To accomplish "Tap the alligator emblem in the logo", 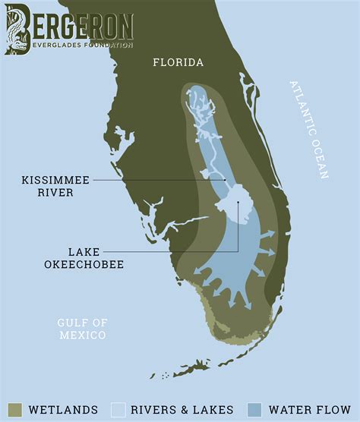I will (x=17, y=29).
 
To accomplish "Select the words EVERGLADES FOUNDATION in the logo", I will (x=83, y=46).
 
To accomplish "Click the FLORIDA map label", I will (x=178, y=62).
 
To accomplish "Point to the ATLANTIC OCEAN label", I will (x=308, y=129).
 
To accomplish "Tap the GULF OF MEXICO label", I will (x=81, y=329).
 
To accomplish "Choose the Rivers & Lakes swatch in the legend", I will (x=118, y=409).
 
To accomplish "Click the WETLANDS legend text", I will (x=63, y=410).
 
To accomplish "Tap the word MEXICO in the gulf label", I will (x=81, y=335).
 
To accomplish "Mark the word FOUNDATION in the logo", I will (x=109, y=46).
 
